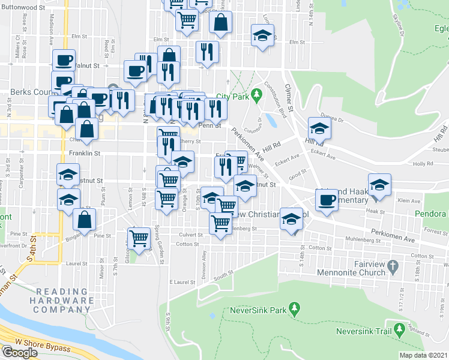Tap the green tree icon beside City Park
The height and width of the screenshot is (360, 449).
(x=256, y=94)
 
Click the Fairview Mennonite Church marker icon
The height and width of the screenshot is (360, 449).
(x=393, y=265)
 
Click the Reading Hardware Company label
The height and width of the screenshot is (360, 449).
(x=63, y=301)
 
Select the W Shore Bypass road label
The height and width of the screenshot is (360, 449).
(x=43, y=346)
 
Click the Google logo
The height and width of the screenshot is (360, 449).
(x=19, y=352)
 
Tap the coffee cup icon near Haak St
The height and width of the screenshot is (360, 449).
(x=327, y=199)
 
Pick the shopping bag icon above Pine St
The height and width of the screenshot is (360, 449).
(x=85, y=220)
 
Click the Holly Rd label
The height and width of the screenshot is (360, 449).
(x=423, y=163)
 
